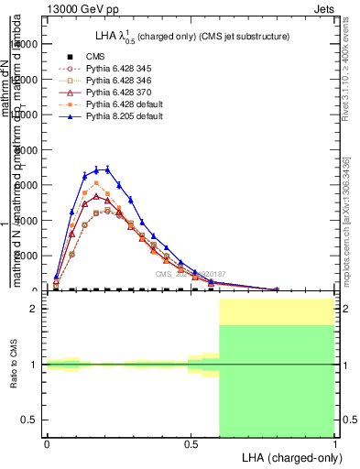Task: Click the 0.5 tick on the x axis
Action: point(191,442)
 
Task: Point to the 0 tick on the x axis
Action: point(47,442)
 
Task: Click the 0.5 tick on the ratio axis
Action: point(29,420)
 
